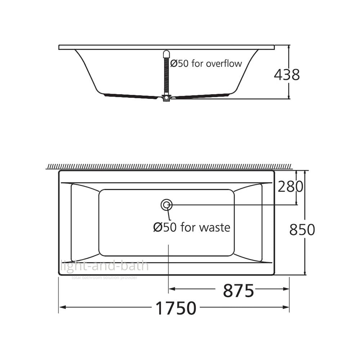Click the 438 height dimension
(x=287, y=75)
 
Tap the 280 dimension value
(x=291, y=186)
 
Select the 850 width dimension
(x=302, y=229)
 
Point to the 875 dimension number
(x=239, y=291)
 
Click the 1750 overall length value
(x=176, y=309)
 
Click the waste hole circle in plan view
(x=166, y=204)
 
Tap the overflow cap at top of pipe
(x=166, y=54)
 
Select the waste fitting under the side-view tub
(x=166, y=98)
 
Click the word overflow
(x=224, y=64)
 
